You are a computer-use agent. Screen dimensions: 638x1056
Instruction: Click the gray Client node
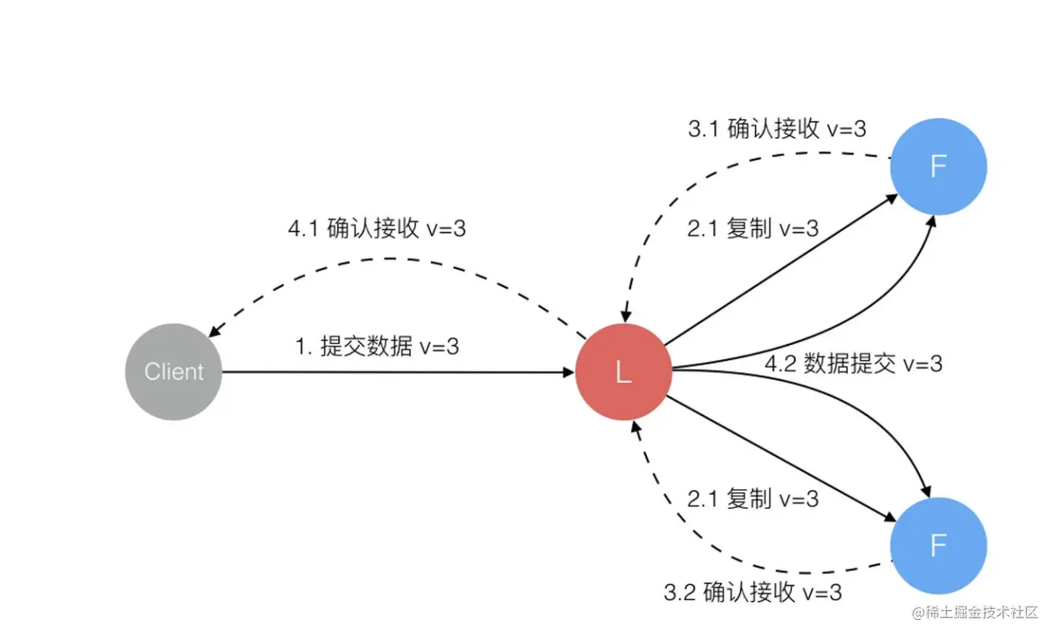(174, 371)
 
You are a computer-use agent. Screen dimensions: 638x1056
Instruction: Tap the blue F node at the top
(938, 166)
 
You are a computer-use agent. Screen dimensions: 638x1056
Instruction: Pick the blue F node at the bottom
(938, 545)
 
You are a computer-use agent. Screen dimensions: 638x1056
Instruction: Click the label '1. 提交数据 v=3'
(377, 347)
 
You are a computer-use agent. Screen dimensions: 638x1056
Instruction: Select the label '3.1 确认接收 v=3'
(777, 128)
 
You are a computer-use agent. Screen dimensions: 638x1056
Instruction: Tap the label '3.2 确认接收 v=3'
(752, 592)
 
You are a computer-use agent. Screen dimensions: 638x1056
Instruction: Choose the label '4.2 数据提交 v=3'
(853, 363)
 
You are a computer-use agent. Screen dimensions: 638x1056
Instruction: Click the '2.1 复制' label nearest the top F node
(753, 228)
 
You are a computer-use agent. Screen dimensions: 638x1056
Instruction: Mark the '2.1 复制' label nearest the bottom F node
(753, 499)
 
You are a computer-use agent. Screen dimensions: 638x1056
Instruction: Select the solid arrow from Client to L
(394, 372)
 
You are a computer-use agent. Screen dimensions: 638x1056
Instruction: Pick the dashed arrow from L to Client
(394, 258)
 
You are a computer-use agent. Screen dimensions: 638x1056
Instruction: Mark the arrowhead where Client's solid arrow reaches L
(570, 373)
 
